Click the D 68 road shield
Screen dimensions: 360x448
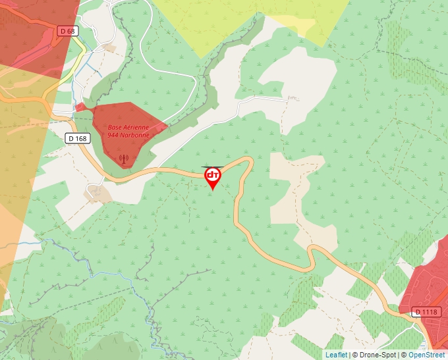(x=67, y=31)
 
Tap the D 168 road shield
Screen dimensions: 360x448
(x=78, y=138)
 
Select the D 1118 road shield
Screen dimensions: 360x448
(x=426, y=311)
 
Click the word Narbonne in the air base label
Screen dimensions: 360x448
(x=134, y=135)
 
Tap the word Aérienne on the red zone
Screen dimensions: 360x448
(x=136, y=127)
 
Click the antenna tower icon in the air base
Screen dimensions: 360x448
(x=123, y=158)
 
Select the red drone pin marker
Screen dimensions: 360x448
(x=213, y=176)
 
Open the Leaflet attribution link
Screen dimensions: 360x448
(x=336, y=355)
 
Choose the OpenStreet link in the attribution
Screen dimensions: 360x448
(x=426, y=355)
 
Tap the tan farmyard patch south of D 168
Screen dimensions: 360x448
(x=99, y=193)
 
